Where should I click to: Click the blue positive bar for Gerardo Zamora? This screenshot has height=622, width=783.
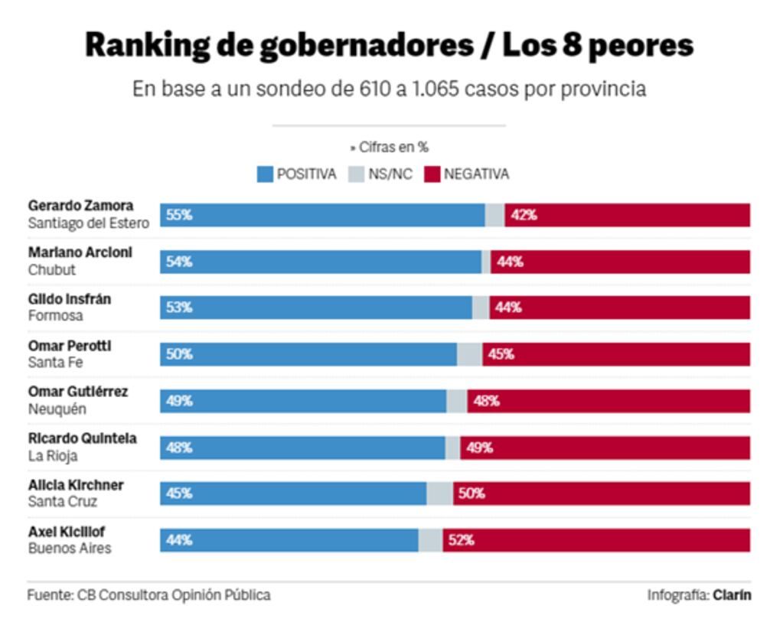[x=321, y=215]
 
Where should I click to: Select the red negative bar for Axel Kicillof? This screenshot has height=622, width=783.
[x=597, y=540]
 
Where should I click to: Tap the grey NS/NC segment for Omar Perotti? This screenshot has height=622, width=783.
[x=469, y=354]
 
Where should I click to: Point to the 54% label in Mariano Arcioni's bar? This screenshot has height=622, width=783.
[x=179, y=262]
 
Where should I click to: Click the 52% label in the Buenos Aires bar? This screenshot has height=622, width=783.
[x=462, y=540]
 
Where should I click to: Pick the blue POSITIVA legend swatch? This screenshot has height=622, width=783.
[x=265, y=174]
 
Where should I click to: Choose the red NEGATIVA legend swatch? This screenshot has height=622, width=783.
[x=432, y=174]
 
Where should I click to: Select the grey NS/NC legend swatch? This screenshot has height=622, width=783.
[x=357, y=174]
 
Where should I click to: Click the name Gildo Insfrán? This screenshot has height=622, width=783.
[x=70, y=299]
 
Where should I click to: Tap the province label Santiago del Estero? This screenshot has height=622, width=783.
[x=89, y=223]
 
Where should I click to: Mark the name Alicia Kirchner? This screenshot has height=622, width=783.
[x=76, y=485]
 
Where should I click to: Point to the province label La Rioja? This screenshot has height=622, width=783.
[x=53, y=456]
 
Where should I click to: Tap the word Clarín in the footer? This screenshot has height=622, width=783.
[x=732, y=594]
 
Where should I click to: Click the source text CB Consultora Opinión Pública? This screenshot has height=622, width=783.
[x=174, y=594]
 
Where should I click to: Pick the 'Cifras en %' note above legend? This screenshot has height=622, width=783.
[x=390, y=148]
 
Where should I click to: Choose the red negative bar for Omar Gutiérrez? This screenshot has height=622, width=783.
[x=608, y=401]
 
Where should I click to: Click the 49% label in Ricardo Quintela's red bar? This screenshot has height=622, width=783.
[x=479, y=448]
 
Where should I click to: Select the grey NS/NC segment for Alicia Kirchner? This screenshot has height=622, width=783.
[x=439, y=493]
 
